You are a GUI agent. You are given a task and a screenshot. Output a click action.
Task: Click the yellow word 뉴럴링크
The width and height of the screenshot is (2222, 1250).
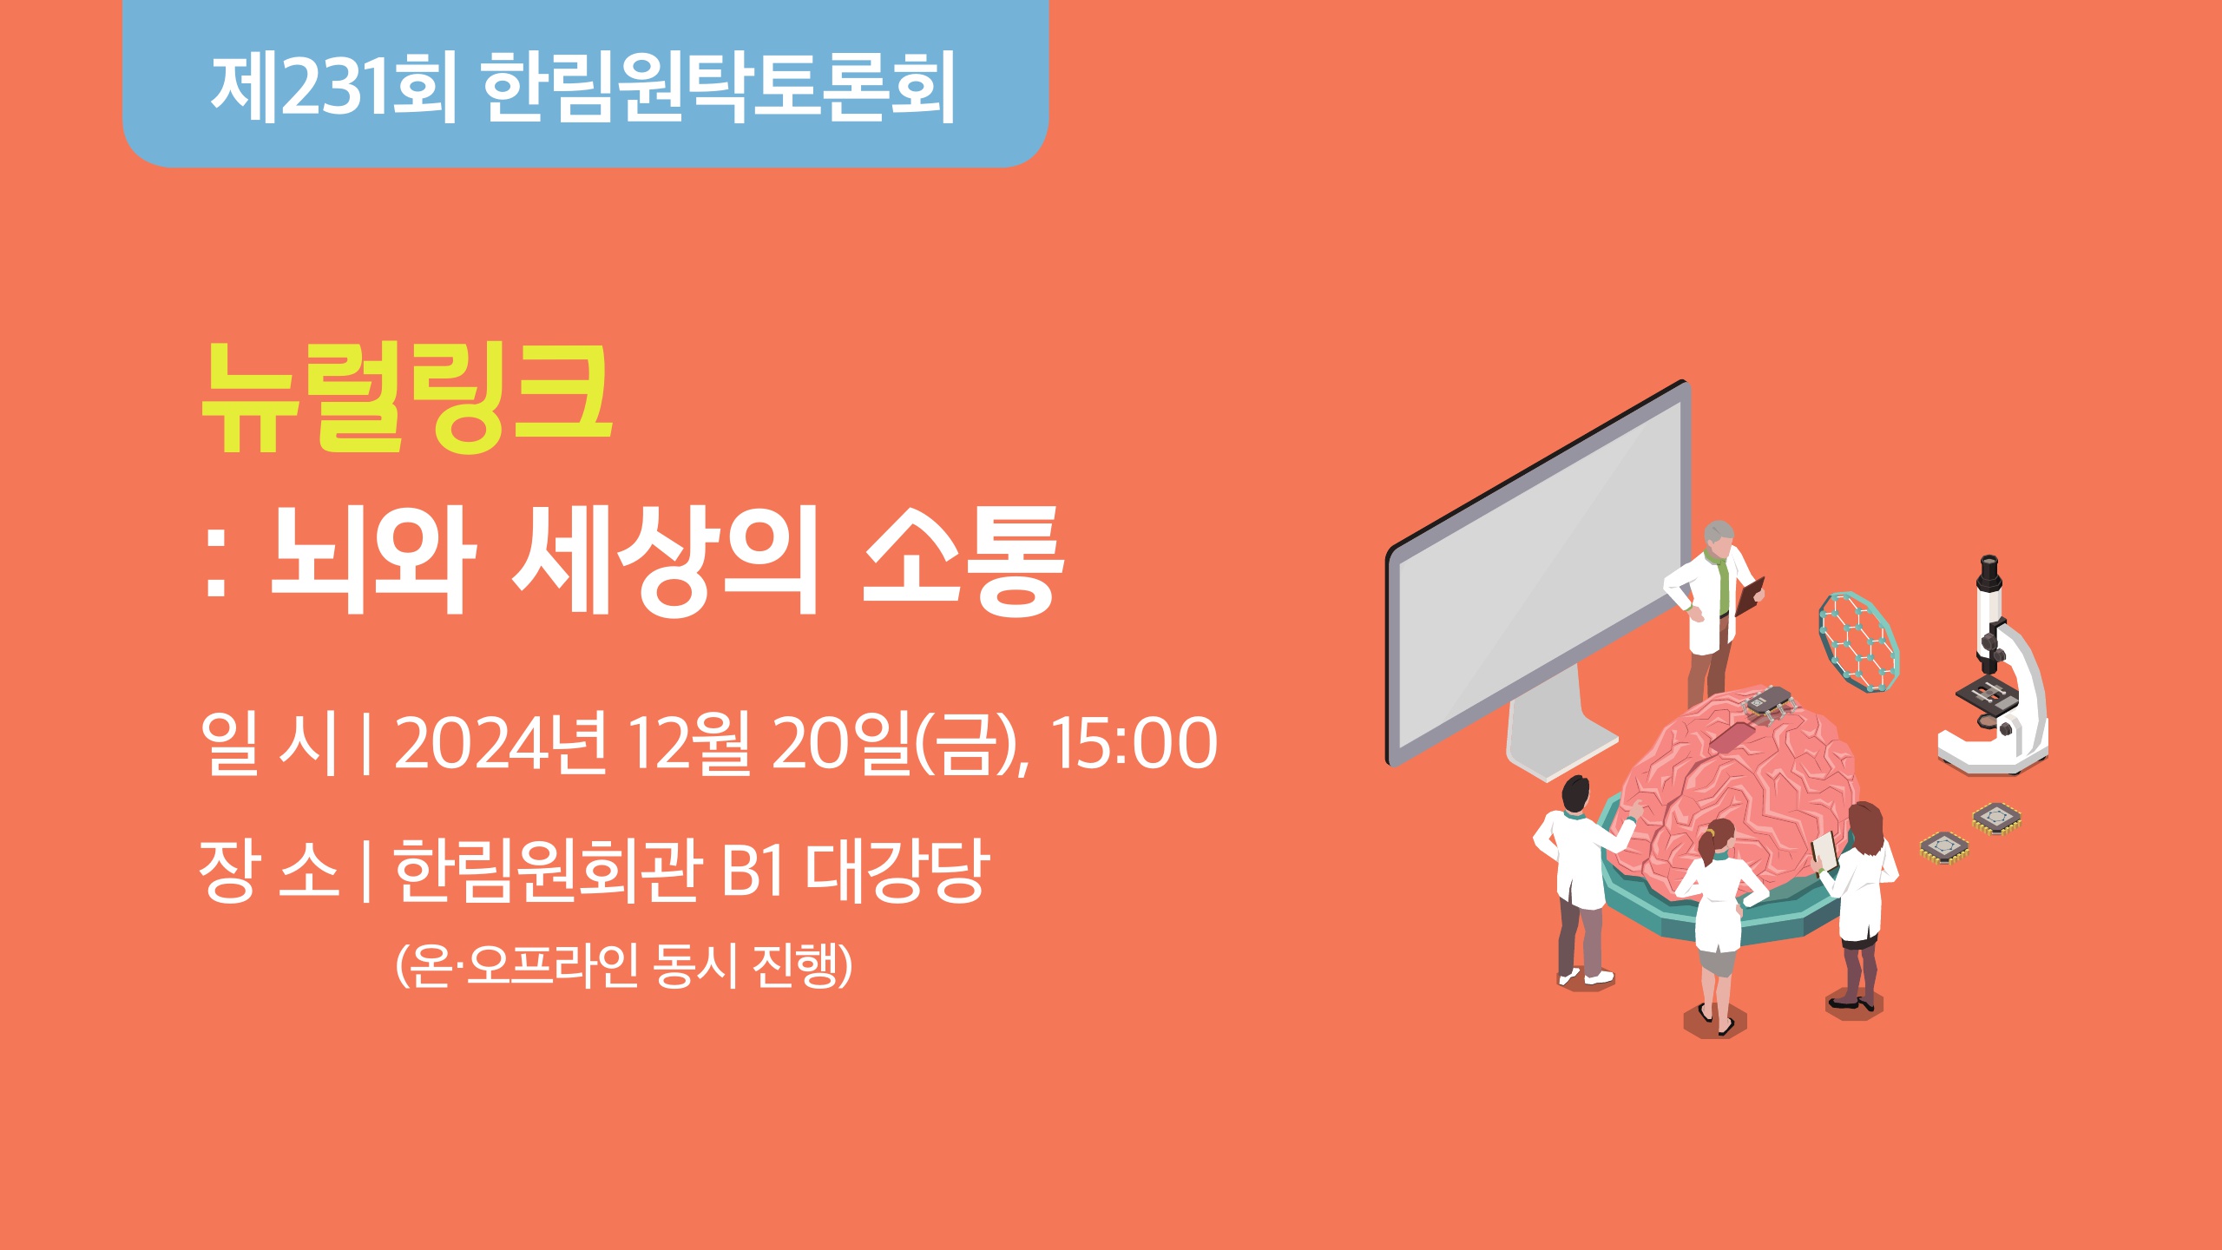pyautogui.click(x=407, y=398)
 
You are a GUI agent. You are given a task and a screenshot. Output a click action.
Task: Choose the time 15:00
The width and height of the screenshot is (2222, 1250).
pyautogui.click(x=1134, y=743)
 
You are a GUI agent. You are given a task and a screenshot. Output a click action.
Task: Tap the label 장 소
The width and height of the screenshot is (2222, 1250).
pyautogui.click(x=268, y=870)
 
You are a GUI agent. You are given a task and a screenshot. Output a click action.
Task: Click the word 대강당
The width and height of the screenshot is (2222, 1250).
pyautogui.click(x=898, y=870)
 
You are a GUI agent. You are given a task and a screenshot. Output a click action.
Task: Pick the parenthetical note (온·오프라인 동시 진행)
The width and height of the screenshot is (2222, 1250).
pyautogui.click(x=624, y=964)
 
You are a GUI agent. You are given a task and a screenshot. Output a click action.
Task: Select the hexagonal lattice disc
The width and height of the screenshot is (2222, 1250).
pyautogui.click(x=1857, y=641)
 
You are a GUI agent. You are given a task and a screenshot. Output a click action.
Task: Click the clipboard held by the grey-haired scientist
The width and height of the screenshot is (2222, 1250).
pyautogui.click(x=1752, y=598)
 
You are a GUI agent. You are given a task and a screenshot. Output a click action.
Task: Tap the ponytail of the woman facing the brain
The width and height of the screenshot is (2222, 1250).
pyautogui.click(x=1705, y=847)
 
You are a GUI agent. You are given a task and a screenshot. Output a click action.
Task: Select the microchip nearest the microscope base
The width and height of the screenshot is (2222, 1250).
pyautogui.click(x=1996, y=818)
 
